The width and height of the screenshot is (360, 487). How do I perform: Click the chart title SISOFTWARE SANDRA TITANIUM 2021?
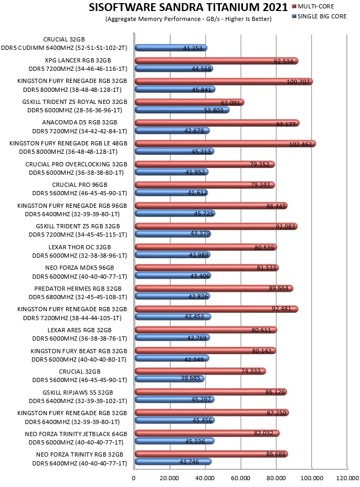(188, 7)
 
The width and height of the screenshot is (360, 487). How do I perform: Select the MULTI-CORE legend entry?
(313, 6)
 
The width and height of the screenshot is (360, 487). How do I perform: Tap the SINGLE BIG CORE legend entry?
(319, 16)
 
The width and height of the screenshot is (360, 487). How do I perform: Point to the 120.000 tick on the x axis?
(347, 478)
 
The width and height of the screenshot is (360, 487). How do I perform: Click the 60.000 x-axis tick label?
(241, 478)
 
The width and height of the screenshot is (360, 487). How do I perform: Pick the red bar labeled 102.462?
(225, 143)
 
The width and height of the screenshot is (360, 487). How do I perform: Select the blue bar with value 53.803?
(182, 110)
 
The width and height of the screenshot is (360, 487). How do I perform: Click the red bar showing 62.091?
(189, 102)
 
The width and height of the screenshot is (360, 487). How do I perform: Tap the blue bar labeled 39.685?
(170, 378)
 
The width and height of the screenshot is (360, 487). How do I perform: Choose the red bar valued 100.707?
(224, 82)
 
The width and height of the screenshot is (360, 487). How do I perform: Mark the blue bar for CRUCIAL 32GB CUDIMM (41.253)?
(171, 48)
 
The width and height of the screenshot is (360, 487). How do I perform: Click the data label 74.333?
(251, 371)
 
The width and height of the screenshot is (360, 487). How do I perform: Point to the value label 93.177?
(286, 124)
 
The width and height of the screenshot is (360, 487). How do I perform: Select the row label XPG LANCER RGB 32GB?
(78, 60)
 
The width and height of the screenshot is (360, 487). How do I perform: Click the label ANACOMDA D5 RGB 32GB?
(80, 122)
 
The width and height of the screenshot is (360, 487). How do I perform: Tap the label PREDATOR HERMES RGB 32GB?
(78, 289)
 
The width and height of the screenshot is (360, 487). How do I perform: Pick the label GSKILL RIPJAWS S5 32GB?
(78, 392)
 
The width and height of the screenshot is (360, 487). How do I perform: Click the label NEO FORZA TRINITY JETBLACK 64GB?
(76, 434)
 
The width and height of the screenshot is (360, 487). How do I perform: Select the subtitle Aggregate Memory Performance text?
(188, 19)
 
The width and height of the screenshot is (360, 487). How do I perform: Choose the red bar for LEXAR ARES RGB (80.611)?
(206, 330)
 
